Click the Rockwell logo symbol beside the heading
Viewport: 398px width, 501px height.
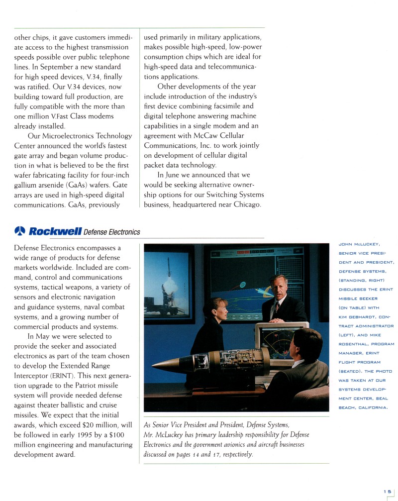(x=20, y=231)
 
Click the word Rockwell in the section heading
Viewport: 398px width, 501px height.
(x=55, y=231)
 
